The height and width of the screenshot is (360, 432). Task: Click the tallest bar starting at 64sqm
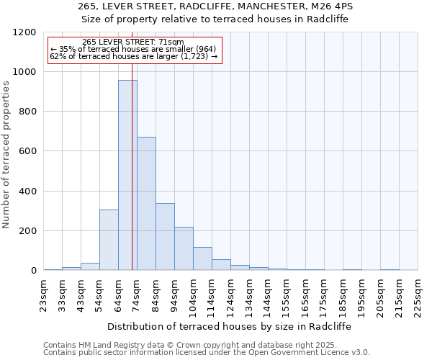127,175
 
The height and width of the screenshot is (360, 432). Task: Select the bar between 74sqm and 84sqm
146,204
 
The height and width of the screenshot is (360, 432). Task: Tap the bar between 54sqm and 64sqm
109,240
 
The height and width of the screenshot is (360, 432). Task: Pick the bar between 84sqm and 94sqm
165,237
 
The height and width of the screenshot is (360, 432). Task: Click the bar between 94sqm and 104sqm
184,248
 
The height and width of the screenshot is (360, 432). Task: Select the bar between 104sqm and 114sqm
202,258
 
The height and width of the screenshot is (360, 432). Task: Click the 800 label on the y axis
27,112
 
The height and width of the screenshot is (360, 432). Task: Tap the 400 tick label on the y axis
27,192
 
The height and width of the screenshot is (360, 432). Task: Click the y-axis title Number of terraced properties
7,155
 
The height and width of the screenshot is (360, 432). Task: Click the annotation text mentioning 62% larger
133,56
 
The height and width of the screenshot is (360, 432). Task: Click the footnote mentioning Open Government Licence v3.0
207,352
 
